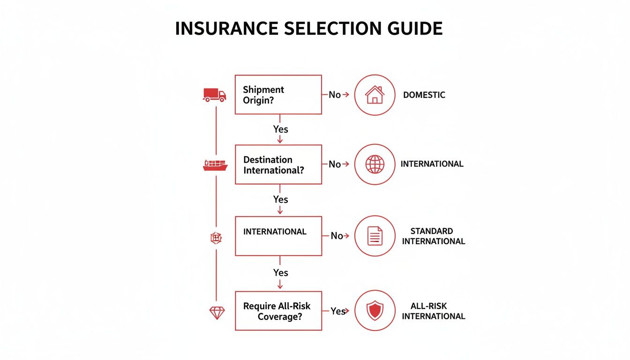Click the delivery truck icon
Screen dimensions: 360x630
click(214, 95)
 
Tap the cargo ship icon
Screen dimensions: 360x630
click(215, 165)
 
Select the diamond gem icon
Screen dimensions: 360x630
click(217, 313)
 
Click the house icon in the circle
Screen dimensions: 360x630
click(375, 95)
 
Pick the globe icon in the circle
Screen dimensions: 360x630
click(375, 165)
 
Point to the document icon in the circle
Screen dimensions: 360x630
click(375, 236)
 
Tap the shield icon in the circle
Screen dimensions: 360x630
click(375, 311)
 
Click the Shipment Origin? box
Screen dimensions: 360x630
click(278, 95)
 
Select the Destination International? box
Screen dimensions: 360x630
click(278, 165)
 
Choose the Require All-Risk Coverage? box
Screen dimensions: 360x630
click(278, 311)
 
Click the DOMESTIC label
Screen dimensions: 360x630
click(424, 95)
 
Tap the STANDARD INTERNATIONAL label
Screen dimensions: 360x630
click(433, 236)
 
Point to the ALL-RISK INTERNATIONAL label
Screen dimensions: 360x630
click(433, 311)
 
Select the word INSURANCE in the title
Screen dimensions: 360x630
click(227, 29)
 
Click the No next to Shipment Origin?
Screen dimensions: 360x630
click(335, 95)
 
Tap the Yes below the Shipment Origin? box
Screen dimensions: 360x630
click(280, 129)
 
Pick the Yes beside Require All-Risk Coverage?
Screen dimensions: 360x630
click(338, 311)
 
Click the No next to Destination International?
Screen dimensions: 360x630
click(335, 164)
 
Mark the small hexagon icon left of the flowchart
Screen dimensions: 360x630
click(216, 238)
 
